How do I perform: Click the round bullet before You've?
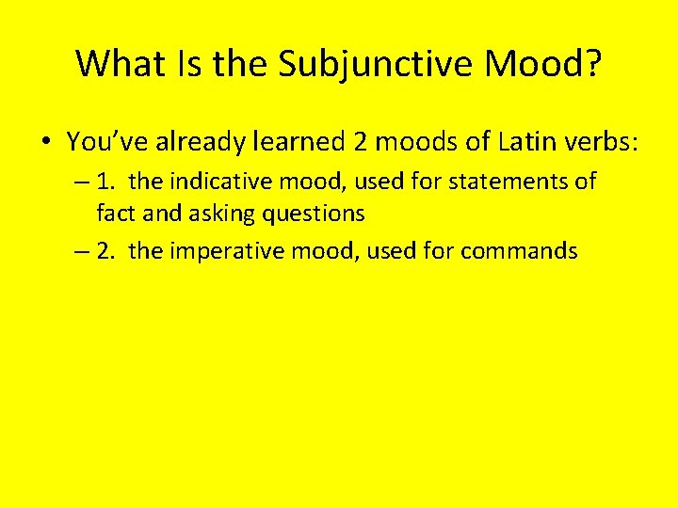coord(45,143)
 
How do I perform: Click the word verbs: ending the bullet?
coord(602,142)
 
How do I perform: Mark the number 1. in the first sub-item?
coord(106,181)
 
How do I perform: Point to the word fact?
coord(114,214)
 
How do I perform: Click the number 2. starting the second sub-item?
coord(106,250)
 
